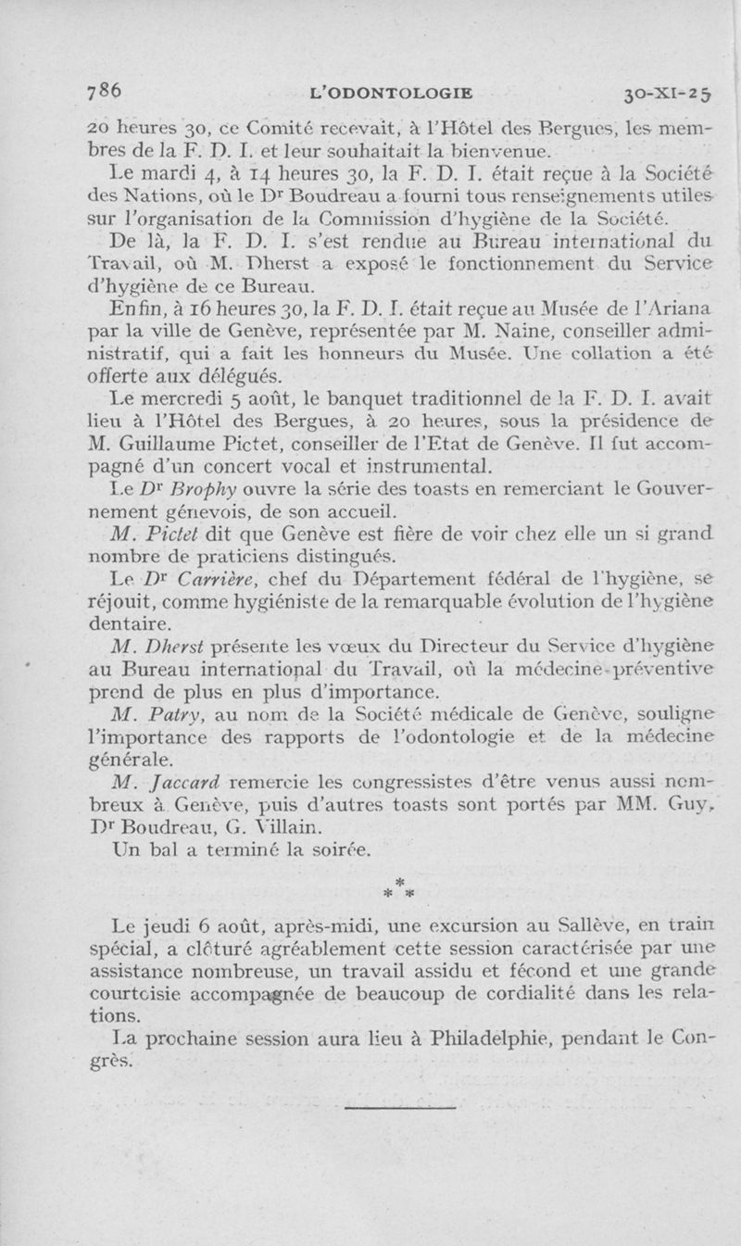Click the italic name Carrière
tap(214, 579)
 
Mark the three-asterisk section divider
tap(400, 887)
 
